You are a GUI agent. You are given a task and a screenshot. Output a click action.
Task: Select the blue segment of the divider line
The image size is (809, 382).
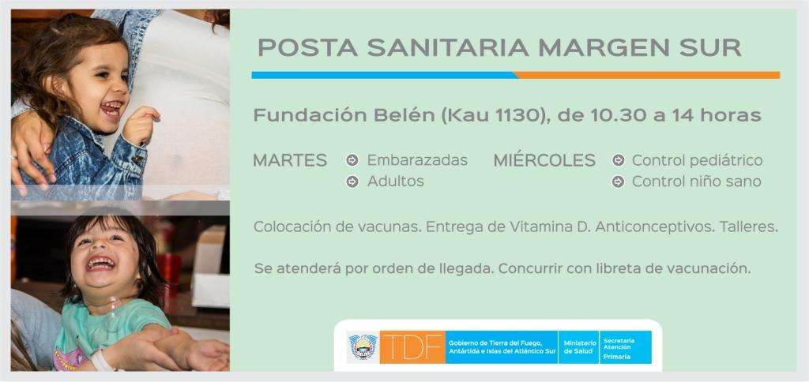click(x=385, y=75)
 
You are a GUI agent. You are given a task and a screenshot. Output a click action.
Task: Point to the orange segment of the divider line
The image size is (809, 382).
click(x=647, y=75)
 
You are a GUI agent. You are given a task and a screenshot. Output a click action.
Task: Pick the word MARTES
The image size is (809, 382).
click(x=290, y=160)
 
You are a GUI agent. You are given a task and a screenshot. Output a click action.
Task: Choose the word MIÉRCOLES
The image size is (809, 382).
click(x=544, y=160)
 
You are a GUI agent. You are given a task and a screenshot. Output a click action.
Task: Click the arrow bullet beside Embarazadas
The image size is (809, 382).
click(x=352, y=160)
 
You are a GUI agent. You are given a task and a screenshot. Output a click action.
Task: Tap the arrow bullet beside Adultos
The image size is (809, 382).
click(x=352, y=182)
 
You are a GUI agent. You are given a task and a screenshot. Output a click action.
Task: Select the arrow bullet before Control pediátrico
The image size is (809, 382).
click(x=618, y=160)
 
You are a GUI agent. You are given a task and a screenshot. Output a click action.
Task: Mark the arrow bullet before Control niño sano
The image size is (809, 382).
click(x=618, y=182)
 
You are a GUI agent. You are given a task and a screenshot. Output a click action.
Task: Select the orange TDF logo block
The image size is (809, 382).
click(x=412, y=347)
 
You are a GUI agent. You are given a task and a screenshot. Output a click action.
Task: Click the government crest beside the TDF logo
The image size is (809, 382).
click(x=363, y=346)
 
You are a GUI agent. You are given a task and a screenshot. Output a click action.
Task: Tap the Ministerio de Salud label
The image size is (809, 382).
click(x=579, y=347)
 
